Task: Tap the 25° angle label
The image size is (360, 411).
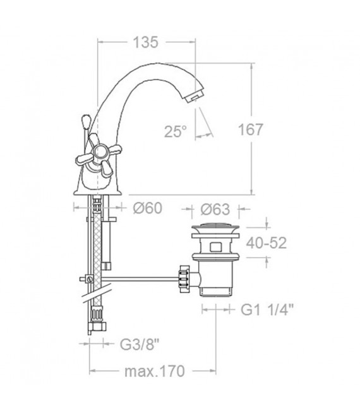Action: pos(176,131)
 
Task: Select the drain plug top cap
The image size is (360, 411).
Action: pos(217,227)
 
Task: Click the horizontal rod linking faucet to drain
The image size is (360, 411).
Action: pos(142,278)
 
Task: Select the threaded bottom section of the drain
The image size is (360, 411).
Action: pos(217,287)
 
